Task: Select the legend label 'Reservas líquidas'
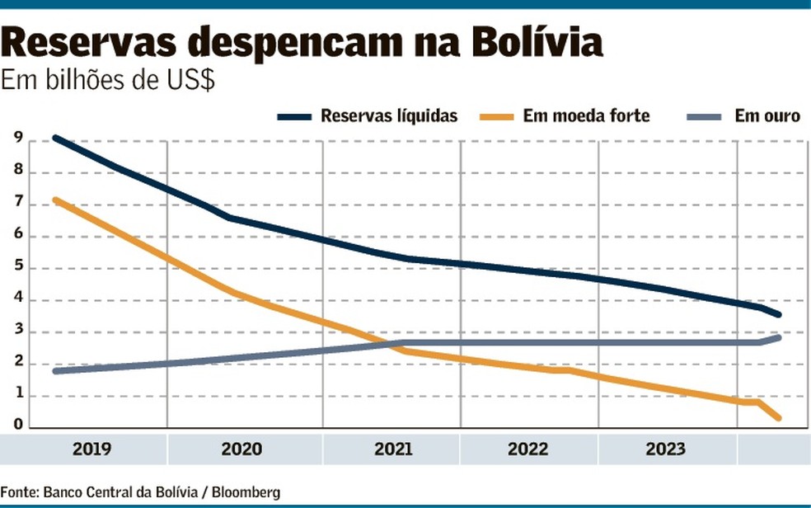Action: pos(389,116)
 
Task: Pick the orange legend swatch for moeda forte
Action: pos(495,116)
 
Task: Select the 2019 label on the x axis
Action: pos(92,449)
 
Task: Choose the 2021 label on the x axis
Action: pos(393,449)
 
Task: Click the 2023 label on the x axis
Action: pos(665,449)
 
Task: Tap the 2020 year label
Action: pos(241,449)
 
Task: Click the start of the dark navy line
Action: pos(54,139)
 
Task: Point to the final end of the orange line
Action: pos(779,419)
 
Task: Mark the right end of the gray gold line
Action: pos(779,337)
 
